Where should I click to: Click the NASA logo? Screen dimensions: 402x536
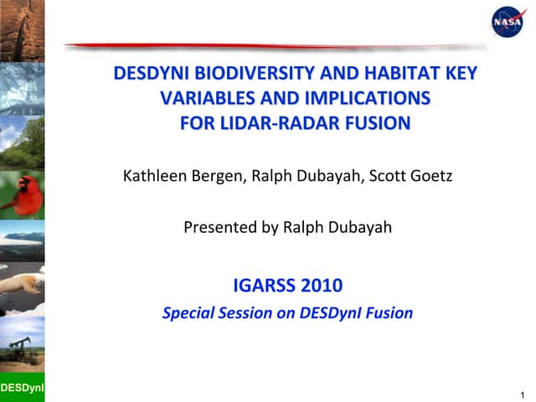click(507, 22)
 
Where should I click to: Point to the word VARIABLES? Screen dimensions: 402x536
click(206, 100)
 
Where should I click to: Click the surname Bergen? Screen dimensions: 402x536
click(219, 177)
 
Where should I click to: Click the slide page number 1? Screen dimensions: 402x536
click(522, 394)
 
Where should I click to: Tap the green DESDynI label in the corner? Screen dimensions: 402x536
click(22, 388)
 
